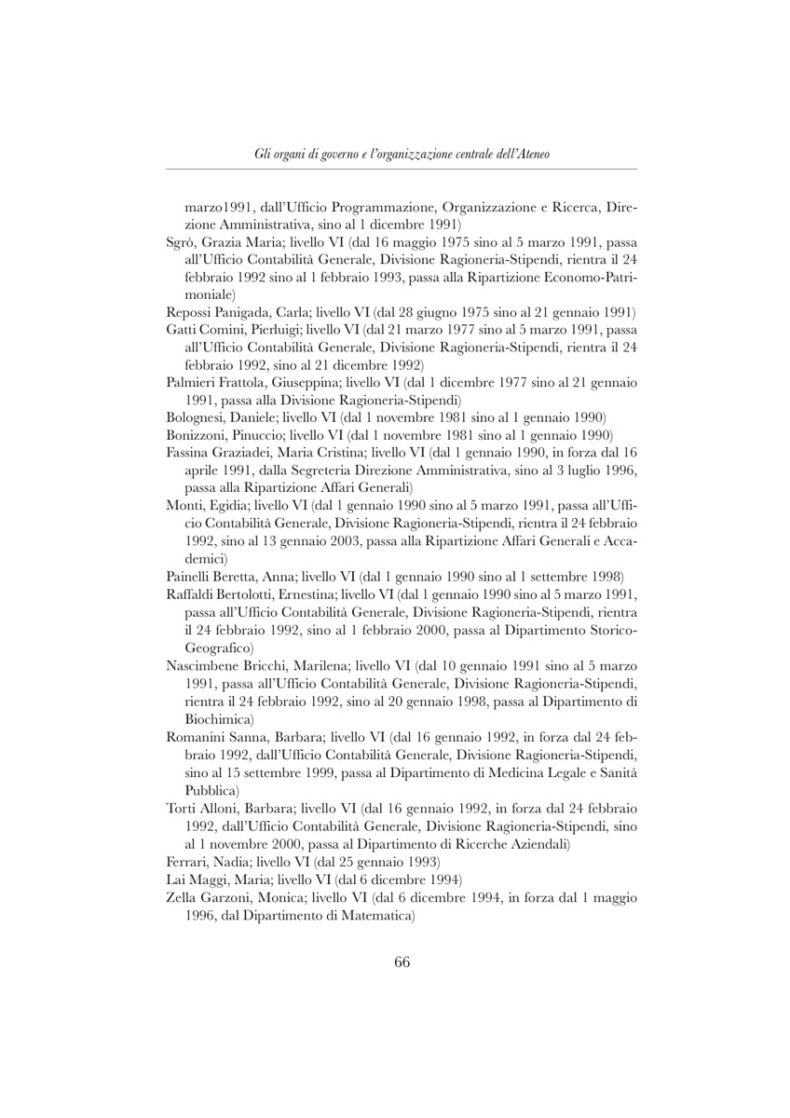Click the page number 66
click(x=402, y=963)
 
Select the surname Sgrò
click(x=179, y=242)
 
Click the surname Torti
click(x=182, y=807)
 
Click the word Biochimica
click(x=219, y=719)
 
